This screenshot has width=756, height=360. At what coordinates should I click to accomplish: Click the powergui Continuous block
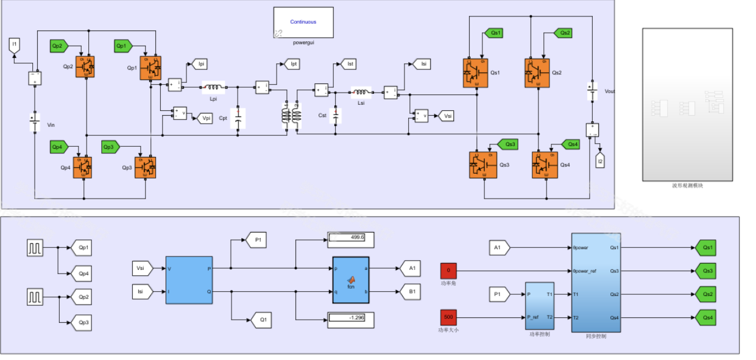303,23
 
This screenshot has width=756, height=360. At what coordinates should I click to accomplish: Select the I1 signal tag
15,44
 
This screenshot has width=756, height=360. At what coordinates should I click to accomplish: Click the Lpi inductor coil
213,87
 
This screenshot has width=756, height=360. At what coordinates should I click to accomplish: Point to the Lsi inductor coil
359,93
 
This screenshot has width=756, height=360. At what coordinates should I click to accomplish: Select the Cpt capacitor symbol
239,118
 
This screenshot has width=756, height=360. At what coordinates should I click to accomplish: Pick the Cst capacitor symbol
336,115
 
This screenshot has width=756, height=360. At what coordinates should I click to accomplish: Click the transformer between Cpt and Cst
290,115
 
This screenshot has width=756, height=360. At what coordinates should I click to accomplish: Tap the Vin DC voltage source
35,124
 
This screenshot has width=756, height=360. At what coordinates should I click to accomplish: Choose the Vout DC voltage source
590,91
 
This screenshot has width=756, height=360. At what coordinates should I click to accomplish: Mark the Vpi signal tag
205,118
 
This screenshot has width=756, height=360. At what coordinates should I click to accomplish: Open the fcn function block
350,279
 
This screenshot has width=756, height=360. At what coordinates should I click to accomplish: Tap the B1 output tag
411,292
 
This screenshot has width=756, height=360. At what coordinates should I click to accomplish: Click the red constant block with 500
449,317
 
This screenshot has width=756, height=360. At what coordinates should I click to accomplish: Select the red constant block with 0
448,270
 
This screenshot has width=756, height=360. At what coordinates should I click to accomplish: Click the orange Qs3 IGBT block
483,164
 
